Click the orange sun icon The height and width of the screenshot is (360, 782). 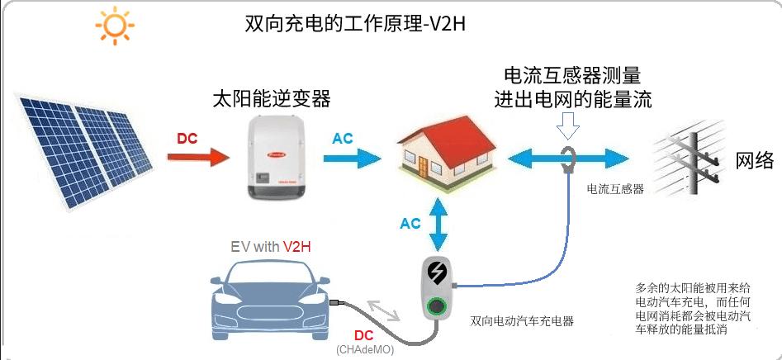tap(114, 26)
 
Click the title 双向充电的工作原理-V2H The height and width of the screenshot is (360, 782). tap(356, 23)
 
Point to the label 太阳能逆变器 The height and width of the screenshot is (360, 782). tap(271, 99)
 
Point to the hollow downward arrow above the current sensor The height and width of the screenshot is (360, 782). tap(569, 126)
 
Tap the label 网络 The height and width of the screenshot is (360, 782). tap(754, 160)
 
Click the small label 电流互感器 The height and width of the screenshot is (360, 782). tap(615, 189)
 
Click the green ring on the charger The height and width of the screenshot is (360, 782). tap(434, 308)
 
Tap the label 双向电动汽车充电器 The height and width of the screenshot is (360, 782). tap(521, 320)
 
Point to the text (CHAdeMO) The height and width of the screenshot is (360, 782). tap(365, 350)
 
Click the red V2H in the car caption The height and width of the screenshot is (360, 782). tap(298, 246)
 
